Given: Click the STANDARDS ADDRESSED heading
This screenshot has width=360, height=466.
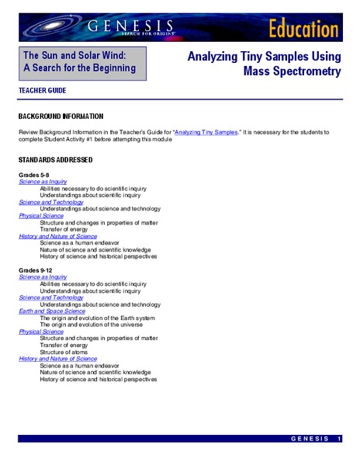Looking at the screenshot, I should click(x=55, y=160).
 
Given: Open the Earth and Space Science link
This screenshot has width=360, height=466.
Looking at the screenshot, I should click(x=52, y=311).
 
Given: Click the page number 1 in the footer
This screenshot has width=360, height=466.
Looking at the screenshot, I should click(x=340, y=440).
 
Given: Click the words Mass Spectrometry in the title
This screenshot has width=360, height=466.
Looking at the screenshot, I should click(x=292, y=72).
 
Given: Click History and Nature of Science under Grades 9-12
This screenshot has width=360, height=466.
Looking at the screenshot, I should click(x=58, y=359).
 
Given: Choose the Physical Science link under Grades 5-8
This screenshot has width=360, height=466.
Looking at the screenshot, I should click(x=41, y=215).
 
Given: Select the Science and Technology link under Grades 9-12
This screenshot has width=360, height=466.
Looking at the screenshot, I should click(x=51, y=297).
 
